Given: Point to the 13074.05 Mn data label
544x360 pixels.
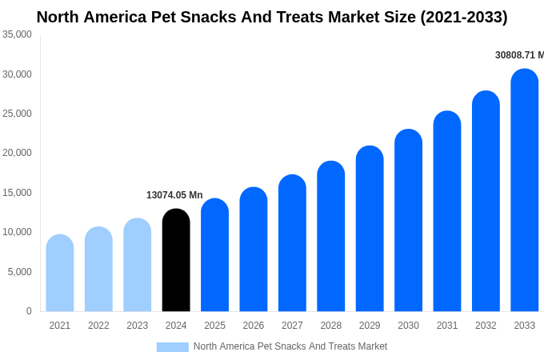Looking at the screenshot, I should [174, 195].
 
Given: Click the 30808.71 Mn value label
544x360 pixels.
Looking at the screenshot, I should [519, 55].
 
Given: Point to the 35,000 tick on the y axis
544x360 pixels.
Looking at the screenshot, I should [17, 34].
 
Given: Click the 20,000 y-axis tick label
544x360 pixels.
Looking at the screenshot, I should [17, 153].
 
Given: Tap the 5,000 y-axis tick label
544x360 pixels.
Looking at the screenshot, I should [19, 272].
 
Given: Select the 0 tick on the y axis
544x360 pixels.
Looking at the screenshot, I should [29, 311].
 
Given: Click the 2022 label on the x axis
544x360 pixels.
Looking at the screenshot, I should [98, 326].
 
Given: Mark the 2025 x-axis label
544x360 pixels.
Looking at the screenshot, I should [214, 326].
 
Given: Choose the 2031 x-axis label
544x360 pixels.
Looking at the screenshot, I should [447, 326].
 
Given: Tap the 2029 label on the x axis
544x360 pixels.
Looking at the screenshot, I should [370, 326].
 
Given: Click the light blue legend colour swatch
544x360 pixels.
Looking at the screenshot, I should [172, 347].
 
